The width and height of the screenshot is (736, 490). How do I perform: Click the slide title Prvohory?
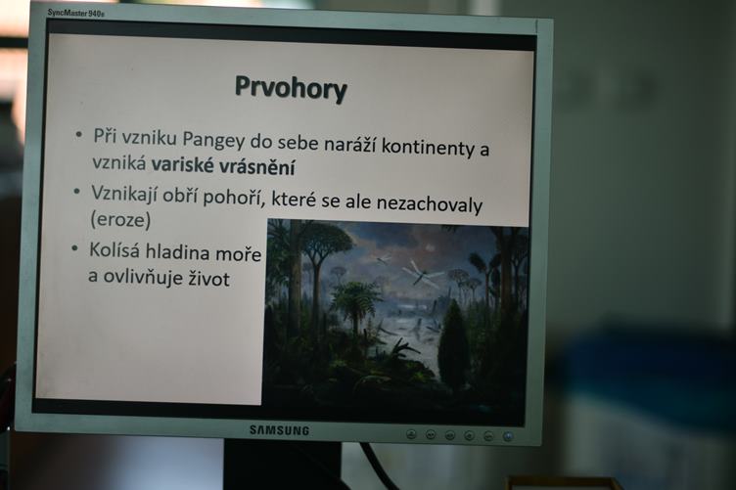[291, 89]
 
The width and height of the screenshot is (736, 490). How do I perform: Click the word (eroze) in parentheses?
[120, 219]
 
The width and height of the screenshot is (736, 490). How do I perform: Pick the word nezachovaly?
[430, 204]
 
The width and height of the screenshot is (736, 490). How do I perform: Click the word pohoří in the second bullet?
[232, 197]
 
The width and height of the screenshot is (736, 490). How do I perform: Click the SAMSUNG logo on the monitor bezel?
[279, 430]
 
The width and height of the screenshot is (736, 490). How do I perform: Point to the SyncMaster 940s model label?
[76, 13]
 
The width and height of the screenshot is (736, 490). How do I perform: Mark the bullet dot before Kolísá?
[74, 248]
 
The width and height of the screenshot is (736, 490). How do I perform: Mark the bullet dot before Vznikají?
[76, 192]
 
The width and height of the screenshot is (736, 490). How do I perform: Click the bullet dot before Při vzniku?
[79, 135]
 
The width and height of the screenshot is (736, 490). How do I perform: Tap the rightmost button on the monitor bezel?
[507, 436]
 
